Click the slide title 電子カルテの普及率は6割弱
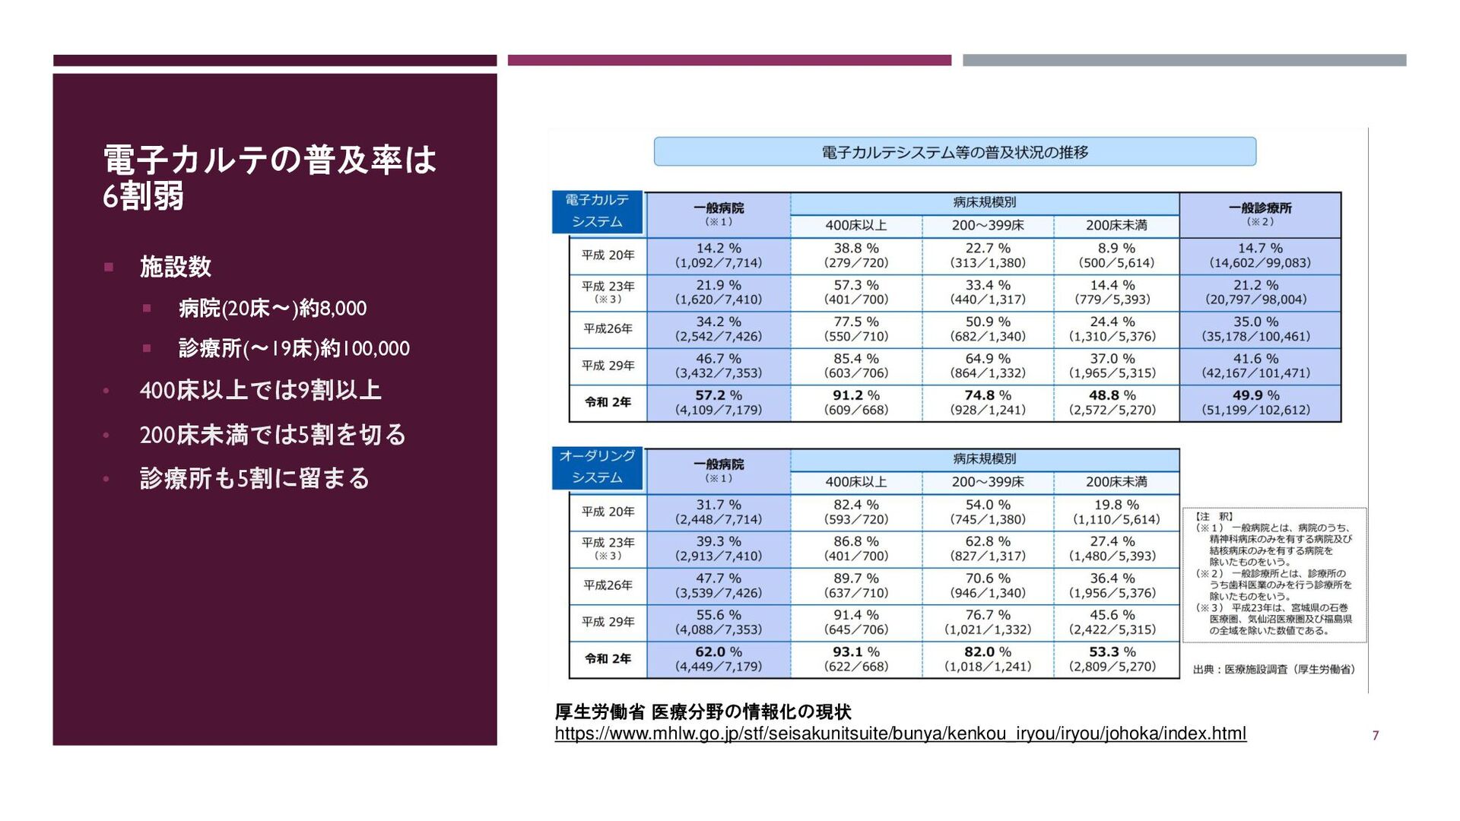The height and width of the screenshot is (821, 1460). click(x=269, y=177)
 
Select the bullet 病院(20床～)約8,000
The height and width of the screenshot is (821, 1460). click(x=272, y=308)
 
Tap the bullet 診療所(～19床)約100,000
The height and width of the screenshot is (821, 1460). click(x=294, y=348)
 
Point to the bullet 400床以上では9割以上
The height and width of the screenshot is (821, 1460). click(x=260, y=390)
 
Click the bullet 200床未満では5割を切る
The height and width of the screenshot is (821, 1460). click(x=272, y=434)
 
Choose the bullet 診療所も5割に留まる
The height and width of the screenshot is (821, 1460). click(x=254, y=478)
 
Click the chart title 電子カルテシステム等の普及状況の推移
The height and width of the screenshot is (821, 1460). click(x=954, y=152)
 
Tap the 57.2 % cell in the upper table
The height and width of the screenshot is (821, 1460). click(x=719, y=403)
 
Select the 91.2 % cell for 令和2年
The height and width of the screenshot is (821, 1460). click(x=855, y=403)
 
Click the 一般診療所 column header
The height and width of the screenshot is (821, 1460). click(x=1259, y=214)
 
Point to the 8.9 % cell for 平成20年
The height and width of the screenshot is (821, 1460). click(x=1116, y=255)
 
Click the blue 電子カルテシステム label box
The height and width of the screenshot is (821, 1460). click(x=597, y=211)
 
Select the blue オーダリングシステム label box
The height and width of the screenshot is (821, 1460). click(x=597, y=467)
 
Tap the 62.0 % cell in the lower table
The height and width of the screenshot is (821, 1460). click(x=719, y=659)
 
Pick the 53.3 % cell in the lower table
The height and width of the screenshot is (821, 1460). click(x=1112, y=659)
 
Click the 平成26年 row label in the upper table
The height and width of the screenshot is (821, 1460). click(x=608, y=329)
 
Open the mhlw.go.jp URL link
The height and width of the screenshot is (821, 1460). click(x=900, y=734)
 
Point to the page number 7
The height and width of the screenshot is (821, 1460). click(x=1375, y=735)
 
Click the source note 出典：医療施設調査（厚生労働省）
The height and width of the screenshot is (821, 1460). click(x=1273, y=670)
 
